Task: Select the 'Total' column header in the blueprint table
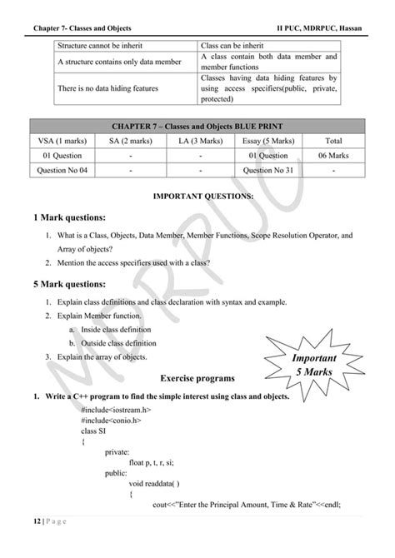tap(333, 140)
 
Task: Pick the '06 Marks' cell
tap(333, 155)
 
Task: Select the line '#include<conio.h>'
tap(112, 421)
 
